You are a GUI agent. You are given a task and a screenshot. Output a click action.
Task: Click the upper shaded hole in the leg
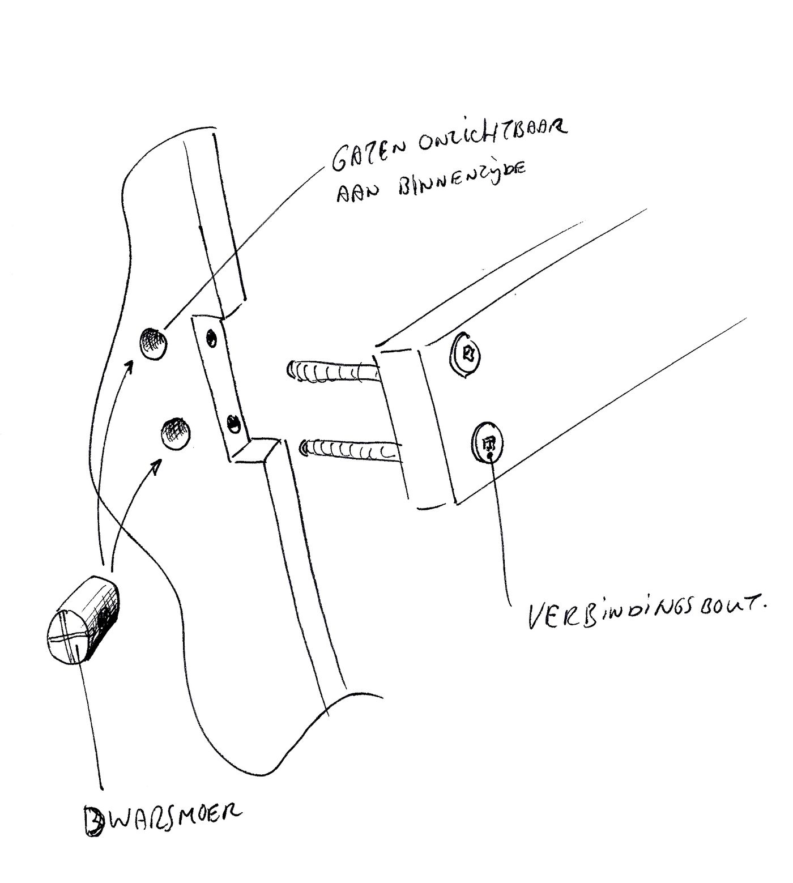click(154, 343)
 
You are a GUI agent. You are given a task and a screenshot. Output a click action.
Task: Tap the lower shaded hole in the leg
click(176, 434)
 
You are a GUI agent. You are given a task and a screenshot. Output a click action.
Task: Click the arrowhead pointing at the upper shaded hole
click(130, 366)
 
